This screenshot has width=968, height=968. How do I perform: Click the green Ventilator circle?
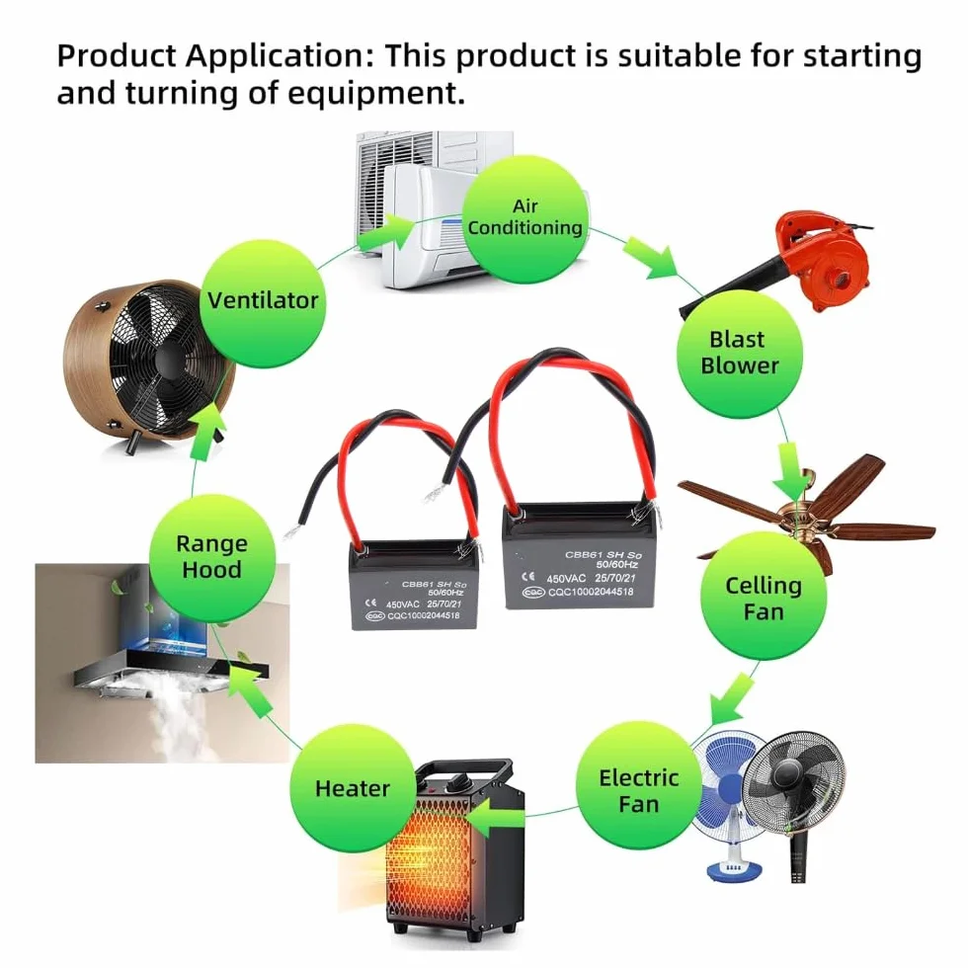coord(263,303)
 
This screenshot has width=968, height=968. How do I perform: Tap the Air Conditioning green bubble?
coord(525,219)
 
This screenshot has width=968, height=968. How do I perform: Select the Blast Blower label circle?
coord(740,354)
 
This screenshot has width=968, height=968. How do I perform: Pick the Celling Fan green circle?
coord(764,597)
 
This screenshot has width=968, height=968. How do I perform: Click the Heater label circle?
coord(353,788)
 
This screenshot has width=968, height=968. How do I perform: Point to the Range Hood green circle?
coord(211,557)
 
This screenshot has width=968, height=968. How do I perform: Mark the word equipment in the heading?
coord(376,95)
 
